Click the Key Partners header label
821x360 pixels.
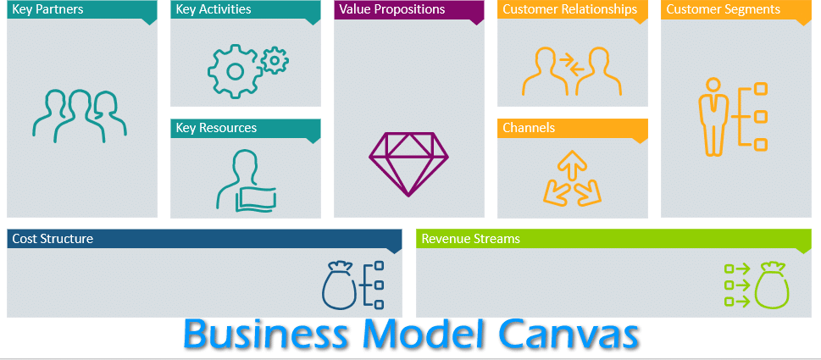47,9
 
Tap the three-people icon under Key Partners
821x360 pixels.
80,116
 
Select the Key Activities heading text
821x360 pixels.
214,9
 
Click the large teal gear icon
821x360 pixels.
235,71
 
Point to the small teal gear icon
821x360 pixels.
275,60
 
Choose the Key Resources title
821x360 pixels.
216,128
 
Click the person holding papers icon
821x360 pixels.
246,180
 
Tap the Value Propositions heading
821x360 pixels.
392,9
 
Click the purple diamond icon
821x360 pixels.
409,163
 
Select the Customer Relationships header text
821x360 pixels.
570,9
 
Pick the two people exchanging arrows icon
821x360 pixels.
572,71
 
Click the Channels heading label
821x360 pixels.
529,128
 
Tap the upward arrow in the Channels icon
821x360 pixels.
572,166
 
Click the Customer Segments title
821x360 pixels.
723,9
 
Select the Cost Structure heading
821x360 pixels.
53,239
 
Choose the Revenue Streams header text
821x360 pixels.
471,239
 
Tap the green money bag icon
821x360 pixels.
771,285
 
